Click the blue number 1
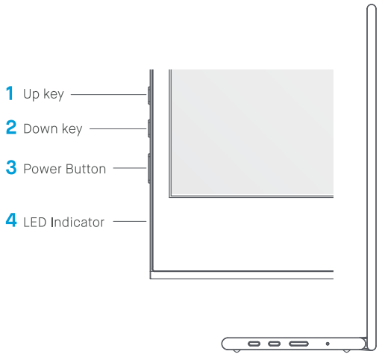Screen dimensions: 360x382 (x=10, y=94)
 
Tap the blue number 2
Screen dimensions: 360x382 (x=11, y=128)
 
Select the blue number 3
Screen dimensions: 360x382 (x=11, y=167)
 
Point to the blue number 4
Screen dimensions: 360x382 (x=11, y=221)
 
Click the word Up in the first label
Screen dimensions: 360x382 (x=31, y=95)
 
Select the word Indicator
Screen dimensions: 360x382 (x=78, y=222)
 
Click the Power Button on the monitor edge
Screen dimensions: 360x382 (x=149, y=168)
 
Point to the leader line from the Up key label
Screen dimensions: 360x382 (x=108, y=95)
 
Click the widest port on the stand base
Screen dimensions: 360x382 (x=299, y=344)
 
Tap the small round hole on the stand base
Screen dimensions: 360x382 (x=328, y=344)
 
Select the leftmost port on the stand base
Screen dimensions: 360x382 (x=254, y=344)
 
